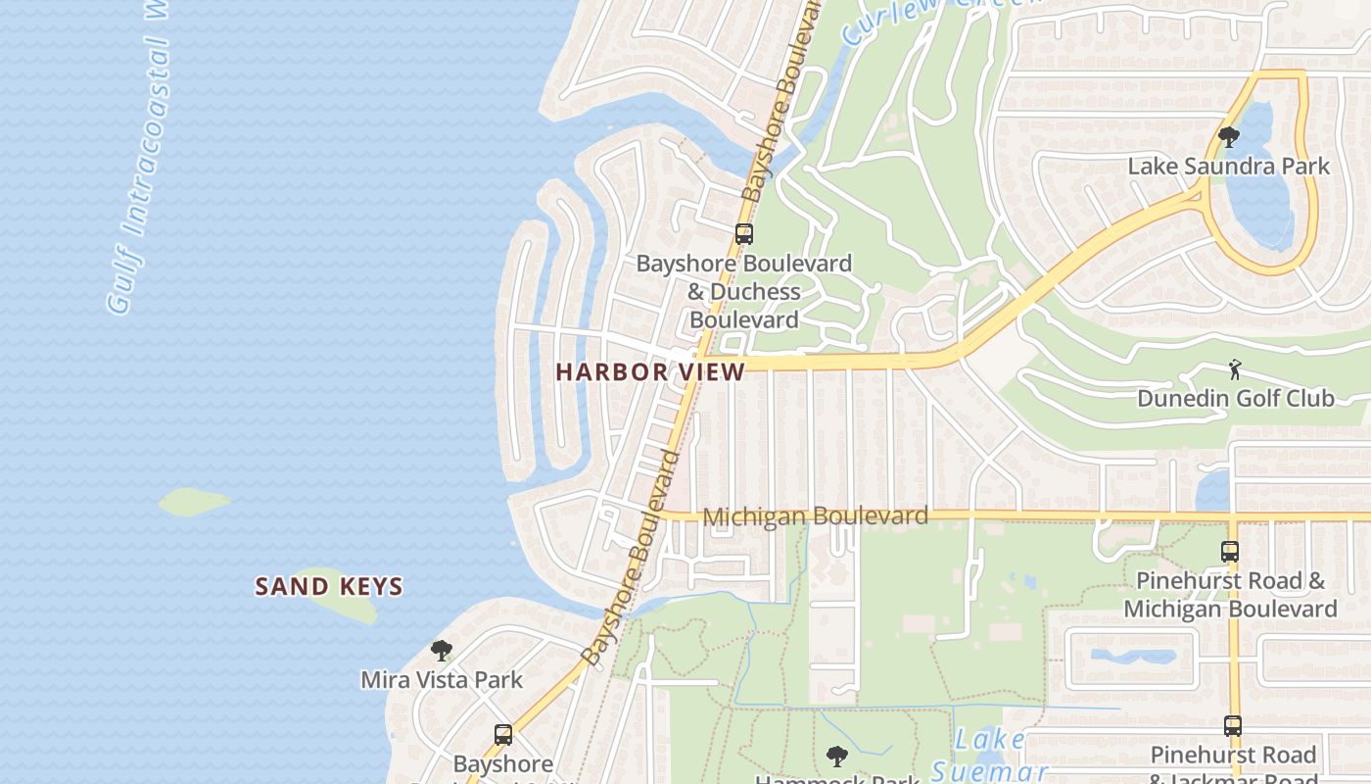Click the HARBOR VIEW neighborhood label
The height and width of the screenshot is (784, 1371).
pyautogui.click(x=650, y=371)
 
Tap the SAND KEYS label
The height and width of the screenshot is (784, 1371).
pyautogui.click(x=329, y=587)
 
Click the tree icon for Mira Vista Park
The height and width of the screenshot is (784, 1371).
pyautogui.click(x=442, y=650)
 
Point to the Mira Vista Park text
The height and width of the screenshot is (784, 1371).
pyautogui.click(x=442, y=679)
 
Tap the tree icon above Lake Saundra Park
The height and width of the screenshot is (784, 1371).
pyautogui.click(x=1229, y=136)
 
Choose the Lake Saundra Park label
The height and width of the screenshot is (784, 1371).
pyautogui.click(x=1228, y=166)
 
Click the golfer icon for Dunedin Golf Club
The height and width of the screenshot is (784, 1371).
pyautogui.click(x=1235, y=369)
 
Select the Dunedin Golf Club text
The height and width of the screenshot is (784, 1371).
pyautogui.click(x=1235, y=398)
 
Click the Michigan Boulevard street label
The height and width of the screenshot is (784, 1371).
pyautogui.click(x=815, y=515)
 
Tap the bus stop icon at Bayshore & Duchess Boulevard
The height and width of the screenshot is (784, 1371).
pyautogui.click(x=744, y=234)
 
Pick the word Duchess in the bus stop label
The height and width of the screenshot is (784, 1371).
pyautogui.click(x=755, y=292)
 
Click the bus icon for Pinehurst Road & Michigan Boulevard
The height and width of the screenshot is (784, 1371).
pyautogui.click(x=1230, y=552)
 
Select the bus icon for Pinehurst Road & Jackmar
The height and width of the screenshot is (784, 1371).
pyautogui.click(x=1232, y=726)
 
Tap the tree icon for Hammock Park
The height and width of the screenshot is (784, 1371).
pyautogui.click(x=836, y=756)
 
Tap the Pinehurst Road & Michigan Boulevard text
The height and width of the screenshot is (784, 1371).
pyautogui.click(x=1229, y=595)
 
